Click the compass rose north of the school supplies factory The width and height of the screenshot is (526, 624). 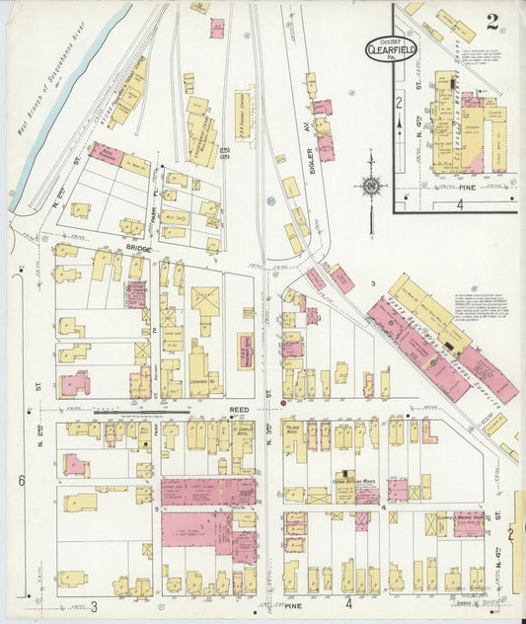371,185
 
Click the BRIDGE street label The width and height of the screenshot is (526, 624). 138,250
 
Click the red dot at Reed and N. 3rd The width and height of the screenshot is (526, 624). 283,403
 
